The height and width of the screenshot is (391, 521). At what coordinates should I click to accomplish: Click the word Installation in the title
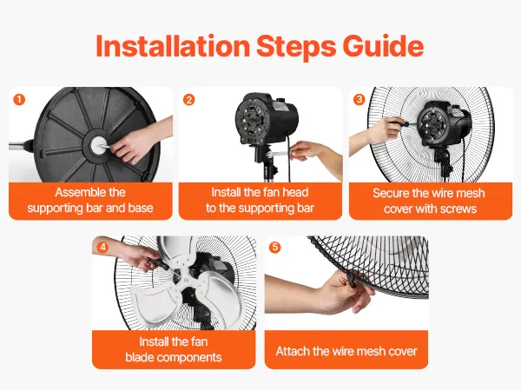coord(173,46)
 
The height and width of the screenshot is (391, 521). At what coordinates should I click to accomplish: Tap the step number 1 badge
coord(19,99)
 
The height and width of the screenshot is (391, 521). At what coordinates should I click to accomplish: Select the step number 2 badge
coord(189,99)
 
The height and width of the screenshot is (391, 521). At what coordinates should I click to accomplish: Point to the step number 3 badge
coord(359,99)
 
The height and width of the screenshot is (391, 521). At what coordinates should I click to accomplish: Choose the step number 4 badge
coord(102,247)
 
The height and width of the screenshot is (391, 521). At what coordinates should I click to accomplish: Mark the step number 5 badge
coord(274,247)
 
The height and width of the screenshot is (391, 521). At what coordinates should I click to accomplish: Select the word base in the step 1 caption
coord(141,209)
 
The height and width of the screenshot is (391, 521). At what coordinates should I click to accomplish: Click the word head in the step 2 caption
coord(296,193)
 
